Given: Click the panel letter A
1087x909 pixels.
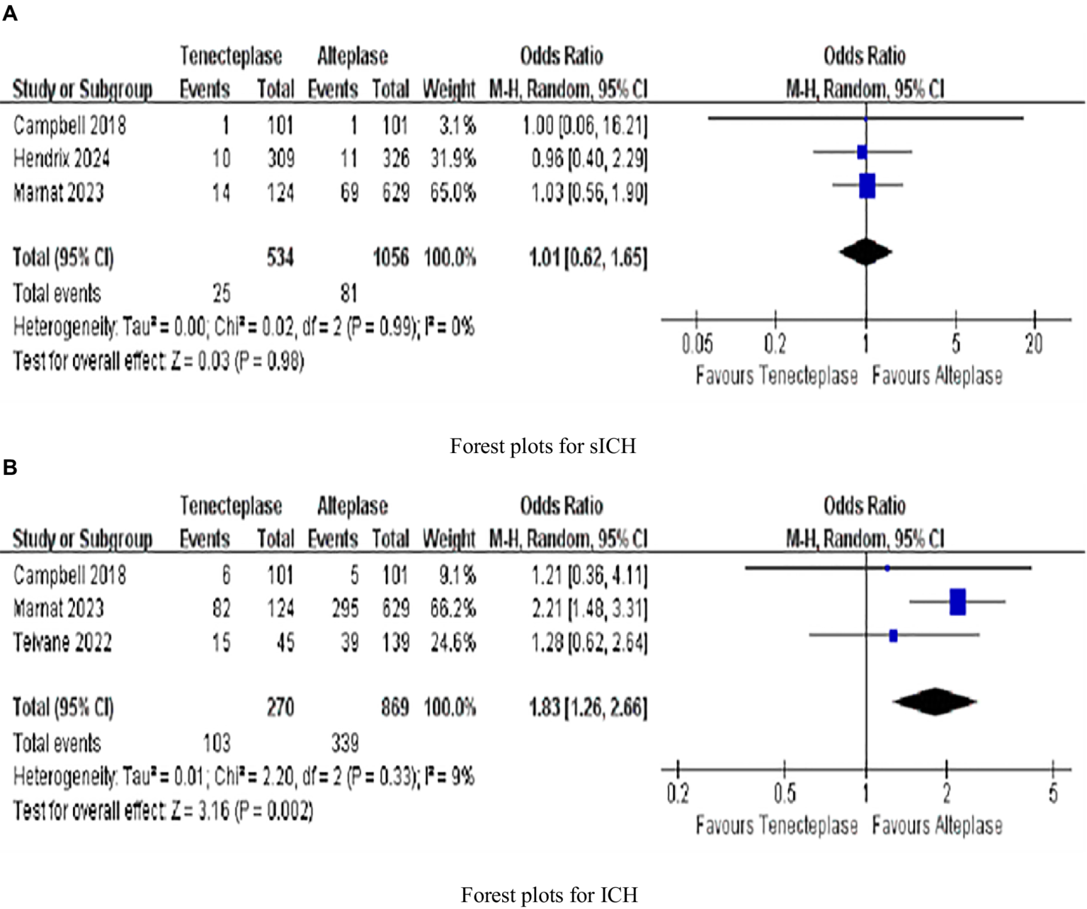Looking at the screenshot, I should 10,14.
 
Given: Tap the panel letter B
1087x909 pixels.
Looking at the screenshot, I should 10,467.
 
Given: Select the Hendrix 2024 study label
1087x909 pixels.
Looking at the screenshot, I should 62,158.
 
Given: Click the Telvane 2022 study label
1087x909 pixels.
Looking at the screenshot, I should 62,642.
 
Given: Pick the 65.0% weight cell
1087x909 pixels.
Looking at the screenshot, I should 453,192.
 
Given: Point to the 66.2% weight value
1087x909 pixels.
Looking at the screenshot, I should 453,608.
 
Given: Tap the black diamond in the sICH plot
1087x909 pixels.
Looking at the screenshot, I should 865,252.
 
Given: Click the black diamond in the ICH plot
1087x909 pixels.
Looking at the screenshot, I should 935,702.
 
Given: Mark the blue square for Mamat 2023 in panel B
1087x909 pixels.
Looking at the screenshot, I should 957,602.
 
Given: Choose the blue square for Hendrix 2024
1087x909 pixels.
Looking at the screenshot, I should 862,152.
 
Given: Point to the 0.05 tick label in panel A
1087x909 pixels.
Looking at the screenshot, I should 697,344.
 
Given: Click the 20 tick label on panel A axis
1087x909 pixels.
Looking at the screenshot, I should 1034,344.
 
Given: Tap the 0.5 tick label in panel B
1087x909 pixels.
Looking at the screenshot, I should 785,794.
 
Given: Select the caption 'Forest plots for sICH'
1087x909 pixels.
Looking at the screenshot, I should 542,446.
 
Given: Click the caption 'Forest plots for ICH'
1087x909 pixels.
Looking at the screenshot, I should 549,895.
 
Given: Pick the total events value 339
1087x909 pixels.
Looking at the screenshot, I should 345,743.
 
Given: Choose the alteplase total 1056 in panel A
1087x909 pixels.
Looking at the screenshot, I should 391,257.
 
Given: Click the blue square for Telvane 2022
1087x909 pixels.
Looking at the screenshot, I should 893,636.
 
